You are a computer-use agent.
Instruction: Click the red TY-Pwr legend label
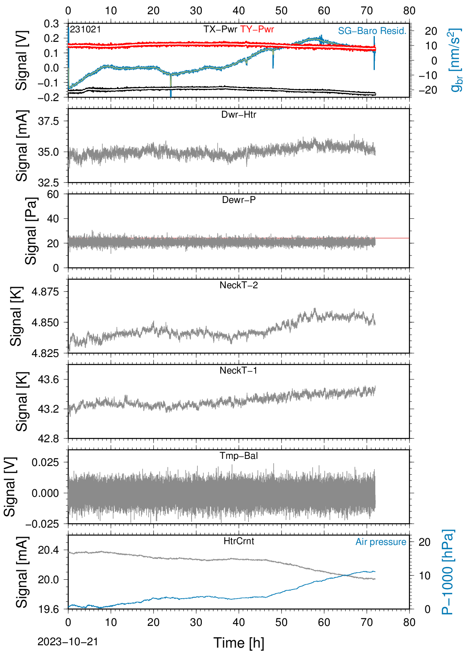257,29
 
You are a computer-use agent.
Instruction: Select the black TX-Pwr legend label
220,29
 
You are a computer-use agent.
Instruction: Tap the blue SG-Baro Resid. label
372,31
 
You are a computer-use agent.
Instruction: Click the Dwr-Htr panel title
239,115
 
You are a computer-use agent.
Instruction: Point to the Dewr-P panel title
239,200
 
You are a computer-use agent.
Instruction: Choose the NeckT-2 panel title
239,285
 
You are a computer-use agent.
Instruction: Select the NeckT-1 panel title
239,370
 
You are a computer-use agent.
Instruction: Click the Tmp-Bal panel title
239,455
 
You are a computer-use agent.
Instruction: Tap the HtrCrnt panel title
239,541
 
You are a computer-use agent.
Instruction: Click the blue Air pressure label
381,542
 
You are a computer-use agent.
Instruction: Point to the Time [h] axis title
239,643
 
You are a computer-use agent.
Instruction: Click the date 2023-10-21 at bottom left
68,642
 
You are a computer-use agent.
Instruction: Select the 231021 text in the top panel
86,29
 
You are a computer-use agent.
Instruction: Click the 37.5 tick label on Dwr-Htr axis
49,121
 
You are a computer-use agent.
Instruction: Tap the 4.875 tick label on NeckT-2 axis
45,292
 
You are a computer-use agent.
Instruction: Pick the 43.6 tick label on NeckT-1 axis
49,379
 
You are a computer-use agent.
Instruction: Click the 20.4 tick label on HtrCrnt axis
49,550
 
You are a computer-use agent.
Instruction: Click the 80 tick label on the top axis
409,11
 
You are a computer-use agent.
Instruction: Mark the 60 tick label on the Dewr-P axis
53,194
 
